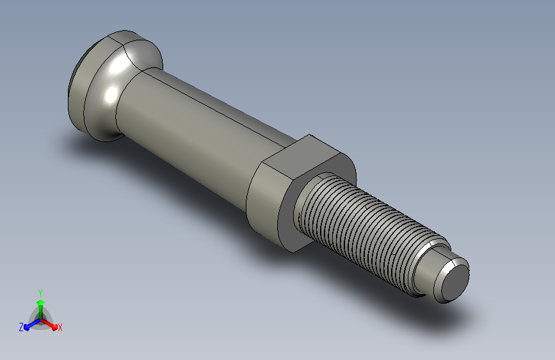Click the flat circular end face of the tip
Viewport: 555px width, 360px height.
(455, 282)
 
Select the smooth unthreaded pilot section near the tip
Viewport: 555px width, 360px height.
(430, 270)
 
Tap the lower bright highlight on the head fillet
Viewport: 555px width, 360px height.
(111, 94)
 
